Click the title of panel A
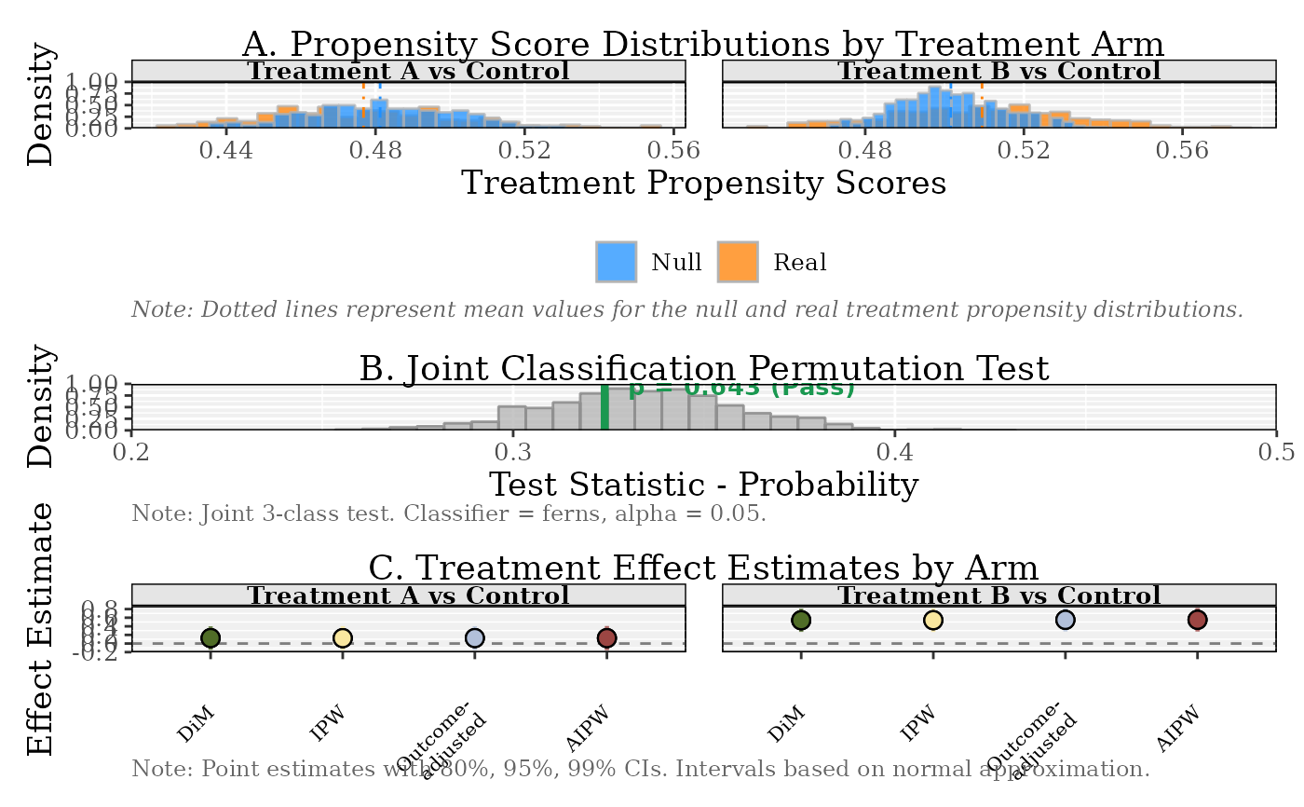[x=702, y=44]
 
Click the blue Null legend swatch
[x=616, y=262]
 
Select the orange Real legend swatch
[x=737, y=262]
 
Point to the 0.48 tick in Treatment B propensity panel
[x=867, y=151]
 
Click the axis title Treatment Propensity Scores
[x=703, y=183]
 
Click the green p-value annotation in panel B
[x=741, y=388]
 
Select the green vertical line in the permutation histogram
[x=604, y=407]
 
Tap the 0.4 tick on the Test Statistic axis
[x=894, y=452]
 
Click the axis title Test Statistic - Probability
[x=703, y=485]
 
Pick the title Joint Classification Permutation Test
[x=703, y=368]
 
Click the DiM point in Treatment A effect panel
[x=211, y=637]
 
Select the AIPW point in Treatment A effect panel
[x=606, y=637]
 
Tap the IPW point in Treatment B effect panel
[x=933, y=620]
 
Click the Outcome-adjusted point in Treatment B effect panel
[x=1066, y=620]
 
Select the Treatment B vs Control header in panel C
[x=998, y=595]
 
